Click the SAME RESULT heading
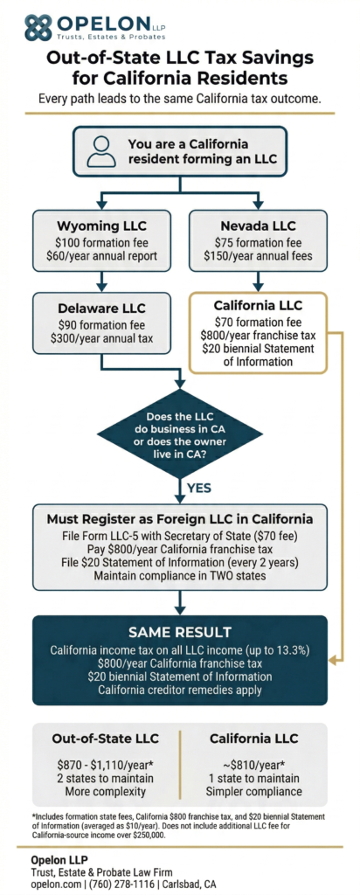point(179,631)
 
